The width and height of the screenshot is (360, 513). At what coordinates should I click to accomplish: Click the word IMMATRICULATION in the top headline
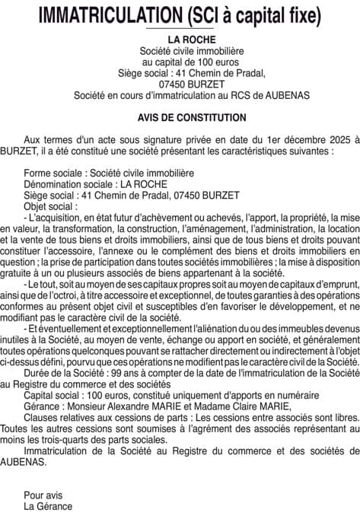click(111, 14)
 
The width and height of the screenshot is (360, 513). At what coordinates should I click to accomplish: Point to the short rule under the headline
click(180, 28)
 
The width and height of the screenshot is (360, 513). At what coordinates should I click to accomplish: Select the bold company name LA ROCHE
click(180, 39)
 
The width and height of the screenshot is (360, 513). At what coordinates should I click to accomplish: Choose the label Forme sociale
click(54, 174)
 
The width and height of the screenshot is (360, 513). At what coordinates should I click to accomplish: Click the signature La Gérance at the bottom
click(48, 506)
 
